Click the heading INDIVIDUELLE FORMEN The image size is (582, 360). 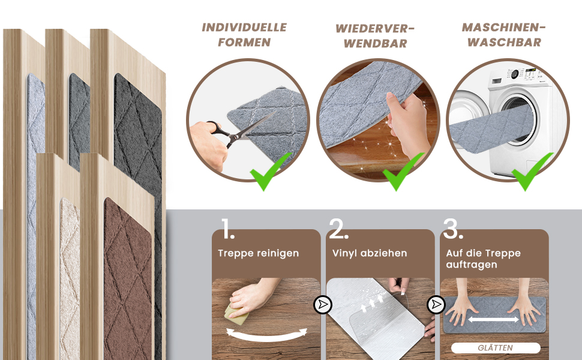tap(244, 35)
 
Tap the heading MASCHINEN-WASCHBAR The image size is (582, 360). tap(503, 35)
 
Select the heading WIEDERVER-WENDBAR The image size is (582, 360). tap(375, 36)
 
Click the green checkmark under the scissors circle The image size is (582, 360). tap(270, 172)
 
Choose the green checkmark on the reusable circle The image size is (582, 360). tap(403, 172)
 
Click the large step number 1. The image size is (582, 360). tap(227, 229)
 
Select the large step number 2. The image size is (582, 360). tap(338, 229)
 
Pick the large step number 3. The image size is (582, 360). tap(452, 229)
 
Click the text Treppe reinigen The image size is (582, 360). tap(259, 253)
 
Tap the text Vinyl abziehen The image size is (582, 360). tap(370, 253)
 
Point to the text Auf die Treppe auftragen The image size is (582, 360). tap(483, 259)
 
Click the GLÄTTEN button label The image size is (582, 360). tap(496, 348)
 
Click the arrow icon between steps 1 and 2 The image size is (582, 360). tap(323, 305)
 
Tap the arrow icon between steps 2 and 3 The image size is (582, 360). tap(436, 305)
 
